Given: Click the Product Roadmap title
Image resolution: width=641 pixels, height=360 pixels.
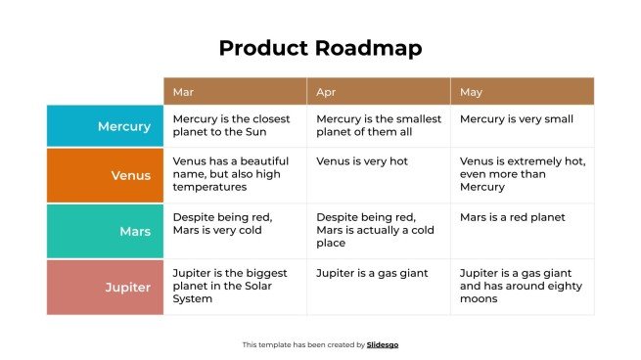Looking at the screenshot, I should tap(320, 48).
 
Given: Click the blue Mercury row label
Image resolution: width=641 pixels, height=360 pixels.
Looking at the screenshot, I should tap(105, 126).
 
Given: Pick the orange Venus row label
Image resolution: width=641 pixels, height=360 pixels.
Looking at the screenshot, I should tap(105, 175).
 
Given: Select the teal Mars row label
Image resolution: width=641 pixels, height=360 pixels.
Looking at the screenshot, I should tap(105, 232).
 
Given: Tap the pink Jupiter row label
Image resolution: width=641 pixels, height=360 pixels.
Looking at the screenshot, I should tap(105, 288).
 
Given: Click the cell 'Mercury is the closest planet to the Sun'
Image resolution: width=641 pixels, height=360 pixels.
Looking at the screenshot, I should tap(235, 126).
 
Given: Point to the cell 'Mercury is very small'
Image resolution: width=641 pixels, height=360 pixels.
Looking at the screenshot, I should tap(522, 120).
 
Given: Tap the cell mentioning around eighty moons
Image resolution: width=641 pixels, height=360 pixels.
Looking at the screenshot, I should tap(522, 286).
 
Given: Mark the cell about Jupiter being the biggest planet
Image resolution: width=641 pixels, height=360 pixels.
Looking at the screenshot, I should tap(235, 286).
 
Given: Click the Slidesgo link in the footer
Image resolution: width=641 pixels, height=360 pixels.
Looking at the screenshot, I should tap(383, 344).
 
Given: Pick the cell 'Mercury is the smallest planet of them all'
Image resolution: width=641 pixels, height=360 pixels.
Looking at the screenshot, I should tap(379, 126).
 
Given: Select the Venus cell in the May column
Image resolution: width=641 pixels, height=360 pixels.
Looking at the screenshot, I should tap(522, 174).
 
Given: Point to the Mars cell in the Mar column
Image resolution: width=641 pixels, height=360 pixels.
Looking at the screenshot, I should tap(235, 225).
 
